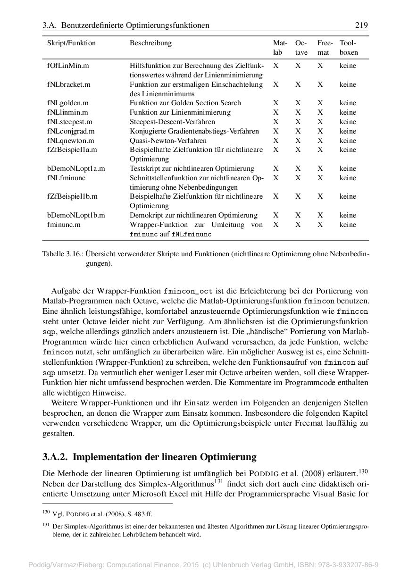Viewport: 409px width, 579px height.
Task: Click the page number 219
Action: point(362,25)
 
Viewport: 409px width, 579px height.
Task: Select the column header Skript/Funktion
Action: point(71,43)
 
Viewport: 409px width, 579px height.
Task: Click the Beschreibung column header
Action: point(150,43)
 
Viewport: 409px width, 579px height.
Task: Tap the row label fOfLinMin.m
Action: point(68,66)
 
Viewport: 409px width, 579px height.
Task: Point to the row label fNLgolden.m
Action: point(68,103)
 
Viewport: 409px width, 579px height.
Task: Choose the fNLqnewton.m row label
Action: point(71,141)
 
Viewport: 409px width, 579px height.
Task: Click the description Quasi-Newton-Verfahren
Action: point(168,141)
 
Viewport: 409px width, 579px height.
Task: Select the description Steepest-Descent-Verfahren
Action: point(172,122)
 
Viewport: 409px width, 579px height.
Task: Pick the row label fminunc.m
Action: point(63,225)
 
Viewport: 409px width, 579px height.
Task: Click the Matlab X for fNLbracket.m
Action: point(275,84)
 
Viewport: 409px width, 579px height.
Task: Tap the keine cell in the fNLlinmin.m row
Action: point(348,112)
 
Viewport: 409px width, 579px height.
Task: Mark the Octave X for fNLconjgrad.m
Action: point(298,131)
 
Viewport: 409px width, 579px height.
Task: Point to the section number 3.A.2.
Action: point(56,457)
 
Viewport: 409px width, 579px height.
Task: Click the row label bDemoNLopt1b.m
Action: point(76,215)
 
